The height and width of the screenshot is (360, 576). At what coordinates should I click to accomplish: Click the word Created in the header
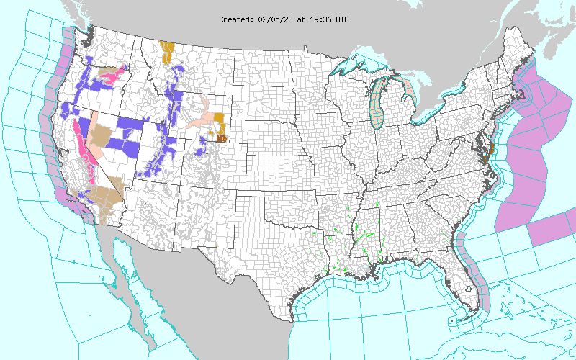235,19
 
